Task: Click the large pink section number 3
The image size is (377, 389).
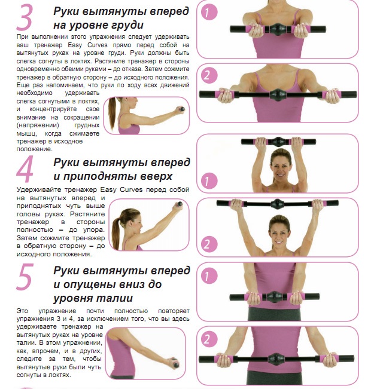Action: coord(25,17)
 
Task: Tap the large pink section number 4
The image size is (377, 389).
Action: coord(25,169)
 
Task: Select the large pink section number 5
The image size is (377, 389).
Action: coord(25,277)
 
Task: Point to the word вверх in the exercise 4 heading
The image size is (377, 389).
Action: coord(156,176)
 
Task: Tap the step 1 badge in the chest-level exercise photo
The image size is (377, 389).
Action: coord(209,13)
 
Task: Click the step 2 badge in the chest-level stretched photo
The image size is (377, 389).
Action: coord(209,75)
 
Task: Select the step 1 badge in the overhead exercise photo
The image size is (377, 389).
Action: coord(209,180)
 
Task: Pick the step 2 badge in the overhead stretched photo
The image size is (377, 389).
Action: coord(209,244)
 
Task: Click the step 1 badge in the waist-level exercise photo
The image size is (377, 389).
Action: coord(209,275)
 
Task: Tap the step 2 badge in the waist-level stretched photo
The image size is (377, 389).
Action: coord(209,339)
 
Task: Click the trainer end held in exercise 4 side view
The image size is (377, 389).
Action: coord(179,204)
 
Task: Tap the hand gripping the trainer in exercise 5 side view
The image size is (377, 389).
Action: coord(172,363)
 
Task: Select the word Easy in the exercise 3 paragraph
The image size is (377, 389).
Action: coord(75,45)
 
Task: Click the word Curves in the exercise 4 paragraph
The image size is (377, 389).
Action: coord(131,190)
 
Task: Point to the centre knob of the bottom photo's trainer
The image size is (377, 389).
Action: coord(276,359)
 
